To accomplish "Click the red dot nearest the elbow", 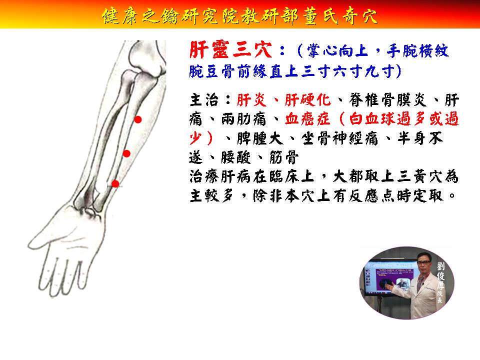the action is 138,119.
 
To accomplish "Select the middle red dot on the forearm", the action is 126,153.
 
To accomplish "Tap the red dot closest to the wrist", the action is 115,183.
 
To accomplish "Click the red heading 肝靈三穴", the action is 230,50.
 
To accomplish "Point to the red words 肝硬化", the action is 308,100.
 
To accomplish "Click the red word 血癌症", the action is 307,119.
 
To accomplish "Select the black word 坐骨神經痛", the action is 339,138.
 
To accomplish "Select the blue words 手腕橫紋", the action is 417,51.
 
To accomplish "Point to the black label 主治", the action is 204,100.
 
